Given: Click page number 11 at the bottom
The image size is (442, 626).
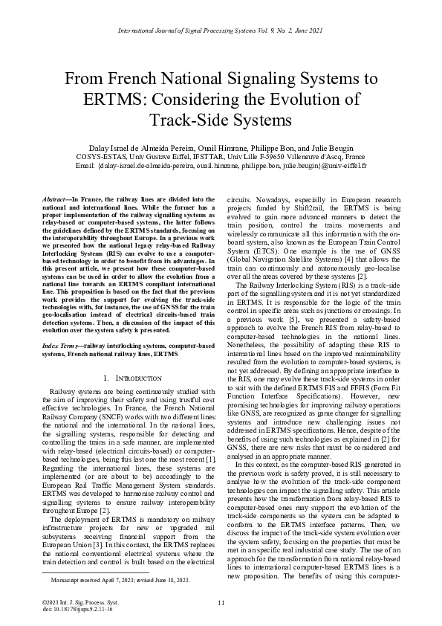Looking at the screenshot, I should (221, 602).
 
